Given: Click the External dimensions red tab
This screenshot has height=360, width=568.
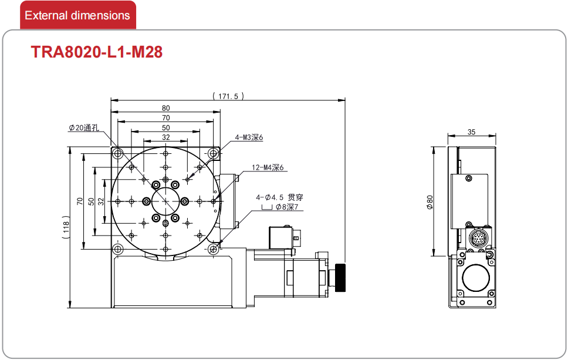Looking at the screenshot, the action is click(78, 15).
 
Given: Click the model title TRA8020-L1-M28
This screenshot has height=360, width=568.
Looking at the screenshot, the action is click(97, 52).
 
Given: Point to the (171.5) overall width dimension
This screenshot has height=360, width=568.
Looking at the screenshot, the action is click(228, 96).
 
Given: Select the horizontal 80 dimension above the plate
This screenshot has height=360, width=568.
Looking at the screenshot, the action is click(165, 107).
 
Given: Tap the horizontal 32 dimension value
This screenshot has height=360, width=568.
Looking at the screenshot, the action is click(165, 137).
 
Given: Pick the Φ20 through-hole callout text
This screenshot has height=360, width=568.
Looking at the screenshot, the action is click(84, 127).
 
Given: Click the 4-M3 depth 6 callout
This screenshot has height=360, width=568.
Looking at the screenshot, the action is click(249, 137).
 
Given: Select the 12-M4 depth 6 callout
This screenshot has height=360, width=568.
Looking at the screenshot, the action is click(268, 167).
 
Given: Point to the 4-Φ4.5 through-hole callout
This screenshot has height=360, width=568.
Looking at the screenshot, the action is click(279, 197).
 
